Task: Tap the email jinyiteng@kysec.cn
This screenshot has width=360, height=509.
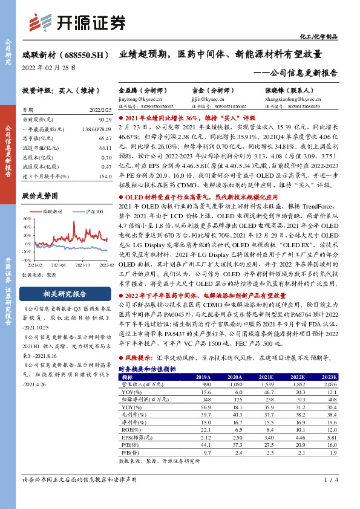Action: pyautogui.click(x=137, y=97)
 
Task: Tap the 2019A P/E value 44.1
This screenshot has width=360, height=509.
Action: pyautogui.click(x=205, y=444)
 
